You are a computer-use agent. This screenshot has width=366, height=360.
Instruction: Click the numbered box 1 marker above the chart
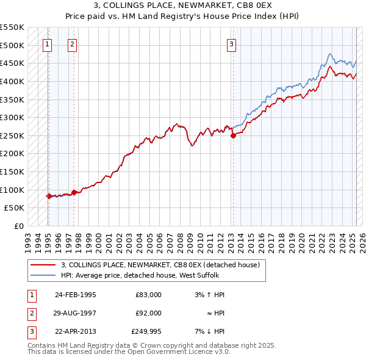48,43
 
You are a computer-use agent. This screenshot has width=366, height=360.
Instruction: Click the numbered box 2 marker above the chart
73,43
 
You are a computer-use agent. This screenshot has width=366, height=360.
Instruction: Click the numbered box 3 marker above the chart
232,43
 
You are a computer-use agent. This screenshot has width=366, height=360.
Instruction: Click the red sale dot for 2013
233,136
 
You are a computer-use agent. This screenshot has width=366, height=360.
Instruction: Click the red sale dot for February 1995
48,196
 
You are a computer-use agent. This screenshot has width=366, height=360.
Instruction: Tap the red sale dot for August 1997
74,193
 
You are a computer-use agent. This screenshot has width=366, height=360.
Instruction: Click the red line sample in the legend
43,265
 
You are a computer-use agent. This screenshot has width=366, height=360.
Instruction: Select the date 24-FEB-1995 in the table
76,295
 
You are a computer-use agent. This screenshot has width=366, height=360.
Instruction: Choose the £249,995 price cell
146,331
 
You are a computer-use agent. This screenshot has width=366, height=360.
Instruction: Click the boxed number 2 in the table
31,313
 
